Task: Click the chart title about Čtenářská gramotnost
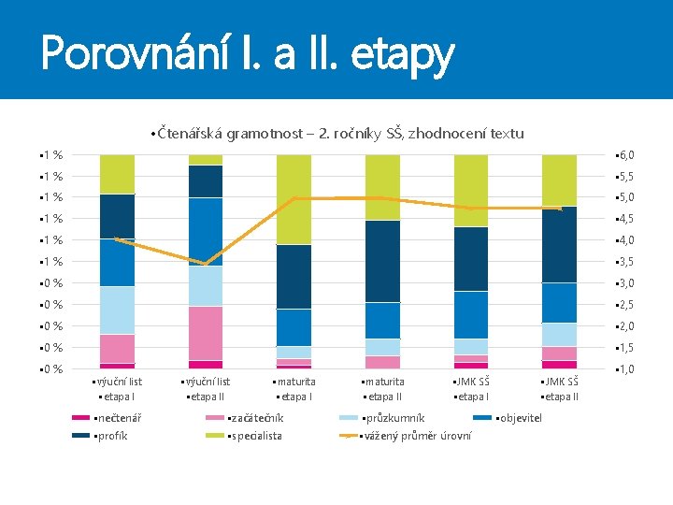337,134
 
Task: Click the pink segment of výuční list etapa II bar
206,333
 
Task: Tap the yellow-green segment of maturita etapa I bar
294,199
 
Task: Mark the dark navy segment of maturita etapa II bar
382,261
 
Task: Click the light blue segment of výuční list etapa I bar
117,310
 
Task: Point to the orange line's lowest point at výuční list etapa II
206,264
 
